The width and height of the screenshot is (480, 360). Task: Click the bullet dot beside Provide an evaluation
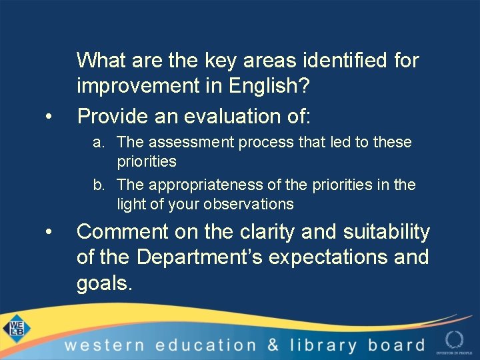(x=49, y=117)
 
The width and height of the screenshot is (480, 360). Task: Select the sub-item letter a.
(x=98, y=143)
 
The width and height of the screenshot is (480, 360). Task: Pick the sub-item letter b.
(x=98, y=185)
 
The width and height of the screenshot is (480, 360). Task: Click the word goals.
(x=105, y=284)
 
